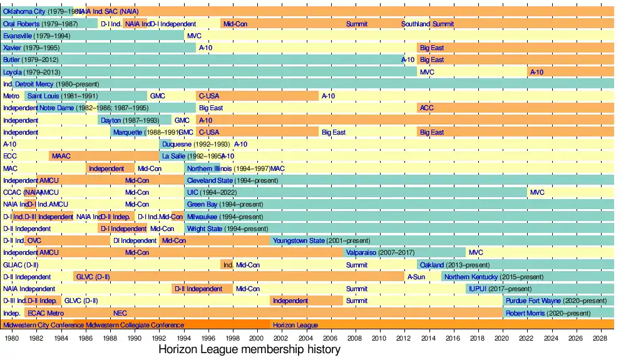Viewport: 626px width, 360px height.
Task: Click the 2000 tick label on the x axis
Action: (x=257, y=338)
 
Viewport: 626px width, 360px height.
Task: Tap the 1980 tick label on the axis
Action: (x=12, y=338)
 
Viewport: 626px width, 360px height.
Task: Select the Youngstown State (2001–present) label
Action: (x=321, y=240)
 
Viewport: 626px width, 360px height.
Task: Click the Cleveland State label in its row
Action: (x=232, y=180)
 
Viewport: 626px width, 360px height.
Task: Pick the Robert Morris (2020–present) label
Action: (x=548, y=313)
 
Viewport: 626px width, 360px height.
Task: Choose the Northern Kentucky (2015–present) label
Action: (x=494, y=277)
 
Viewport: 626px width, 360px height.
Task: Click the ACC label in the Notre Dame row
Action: (x=426, y=108)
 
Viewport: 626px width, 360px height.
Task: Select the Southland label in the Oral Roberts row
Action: (x=416, y=24)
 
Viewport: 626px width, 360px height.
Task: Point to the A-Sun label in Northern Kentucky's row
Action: (x=416, y=277)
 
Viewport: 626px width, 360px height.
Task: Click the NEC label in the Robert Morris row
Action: (x=120, y=313)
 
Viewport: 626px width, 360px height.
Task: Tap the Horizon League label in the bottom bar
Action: (x=295, y=326)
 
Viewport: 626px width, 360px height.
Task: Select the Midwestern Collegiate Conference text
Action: (x=135, y=326)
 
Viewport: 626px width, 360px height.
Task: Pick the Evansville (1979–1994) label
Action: (x=36, y=36)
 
